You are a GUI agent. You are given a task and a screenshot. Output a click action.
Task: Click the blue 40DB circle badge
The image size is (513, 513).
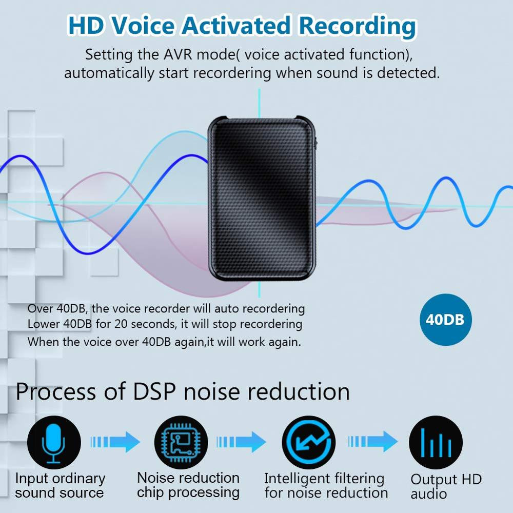point(445,320)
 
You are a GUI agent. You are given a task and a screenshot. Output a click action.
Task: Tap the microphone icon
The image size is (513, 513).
point(54,443)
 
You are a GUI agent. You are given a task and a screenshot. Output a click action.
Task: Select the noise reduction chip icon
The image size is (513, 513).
point(181,443)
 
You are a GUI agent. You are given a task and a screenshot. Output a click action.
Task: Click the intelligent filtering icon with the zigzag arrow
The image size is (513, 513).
point(309,443)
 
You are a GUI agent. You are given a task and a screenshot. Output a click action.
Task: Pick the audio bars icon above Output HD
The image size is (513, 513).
point(436,443)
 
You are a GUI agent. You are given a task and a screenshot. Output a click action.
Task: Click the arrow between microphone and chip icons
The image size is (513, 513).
point(115,442)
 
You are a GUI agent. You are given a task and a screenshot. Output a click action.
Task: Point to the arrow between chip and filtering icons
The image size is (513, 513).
point(242,442)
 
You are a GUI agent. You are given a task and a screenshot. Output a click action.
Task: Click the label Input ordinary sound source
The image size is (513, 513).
point(60,486)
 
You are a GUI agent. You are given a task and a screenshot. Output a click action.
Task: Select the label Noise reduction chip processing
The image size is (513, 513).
point(188,485)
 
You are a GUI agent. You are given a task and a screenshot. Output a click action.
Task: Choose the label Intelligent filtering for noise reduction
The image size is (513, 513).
point(325,486)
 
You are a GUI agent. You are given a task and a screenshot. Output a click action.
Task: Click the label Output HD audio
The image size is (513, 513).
point(445,486)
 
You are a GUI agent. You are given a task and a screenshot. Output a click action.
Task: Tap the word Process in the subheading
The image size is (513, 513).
point(56,391)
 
